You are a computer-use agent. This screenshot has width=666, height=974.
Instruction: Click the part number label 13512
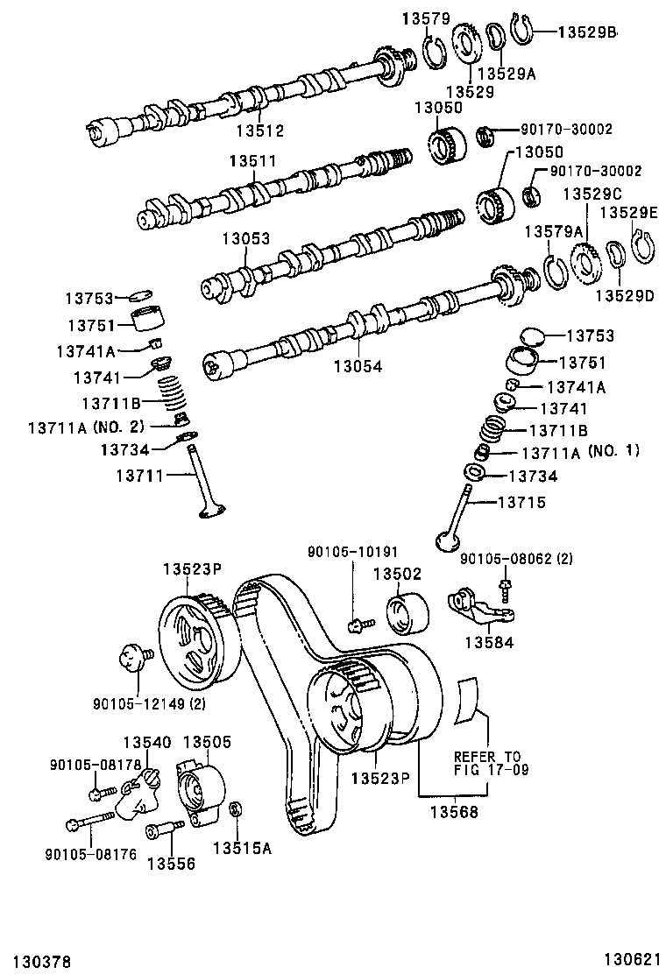[259, 131]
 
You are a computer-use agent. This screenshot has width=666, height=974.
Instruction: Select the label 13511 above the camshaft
[253, 161]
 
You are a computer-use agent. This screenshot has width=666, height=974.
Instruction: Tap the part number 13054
[358, 367]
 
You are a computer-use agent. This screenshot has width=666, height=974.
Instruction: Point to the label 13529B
[588, 32]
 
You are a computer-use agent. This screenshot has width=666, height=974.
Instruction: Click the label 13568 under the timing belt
[453, 812]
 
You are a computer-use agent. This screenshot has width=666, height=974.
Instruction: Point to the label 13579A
[553, 230]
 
